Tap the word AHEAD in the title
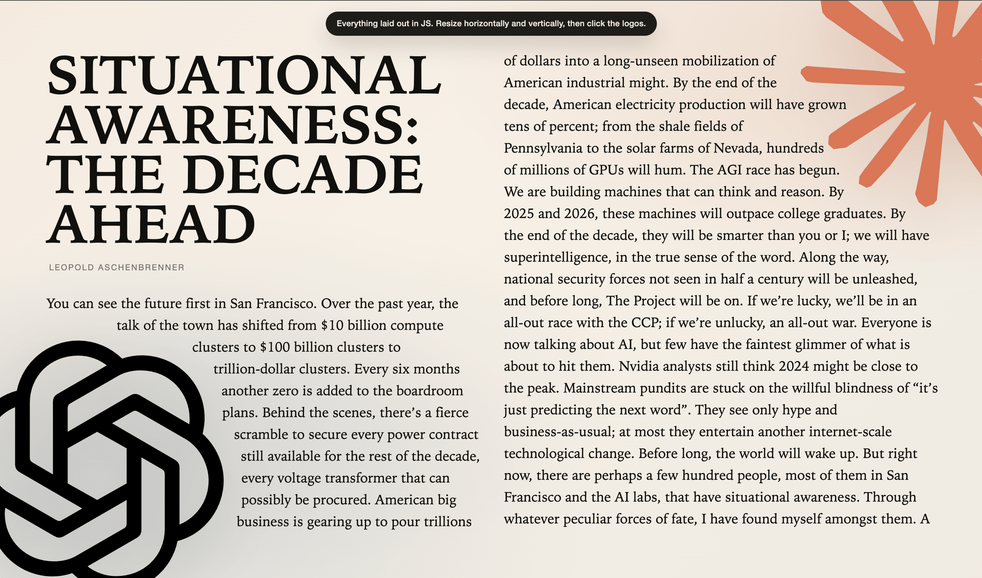point(151,225)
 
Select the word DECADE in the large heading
point(302,175)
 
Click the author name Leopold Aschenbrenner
point(117,268)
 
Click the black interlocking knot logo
point(102,458)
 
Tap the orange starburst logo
point(921,90)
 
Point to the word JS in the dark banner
point(426,24)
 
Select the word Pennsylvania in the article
point(543,148)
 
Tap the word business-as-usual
point(559,432)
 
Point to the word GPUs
point(606,170)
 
